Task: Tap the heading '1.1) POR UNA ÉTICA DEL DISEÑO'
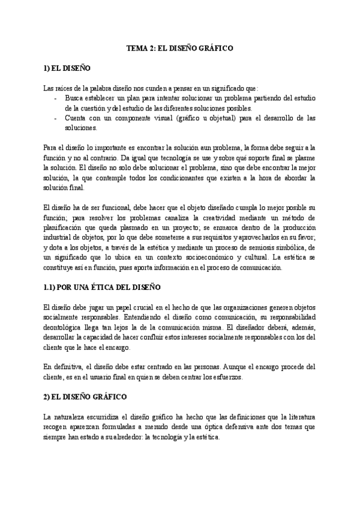click(x=103, y=288)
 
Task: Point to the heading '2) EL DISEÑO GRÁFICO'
click(x=85, y=398)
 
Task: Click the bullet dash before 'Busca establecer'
click(x=56, y=98)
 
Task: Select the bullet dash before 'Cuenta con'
click(x=56, y=118)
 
